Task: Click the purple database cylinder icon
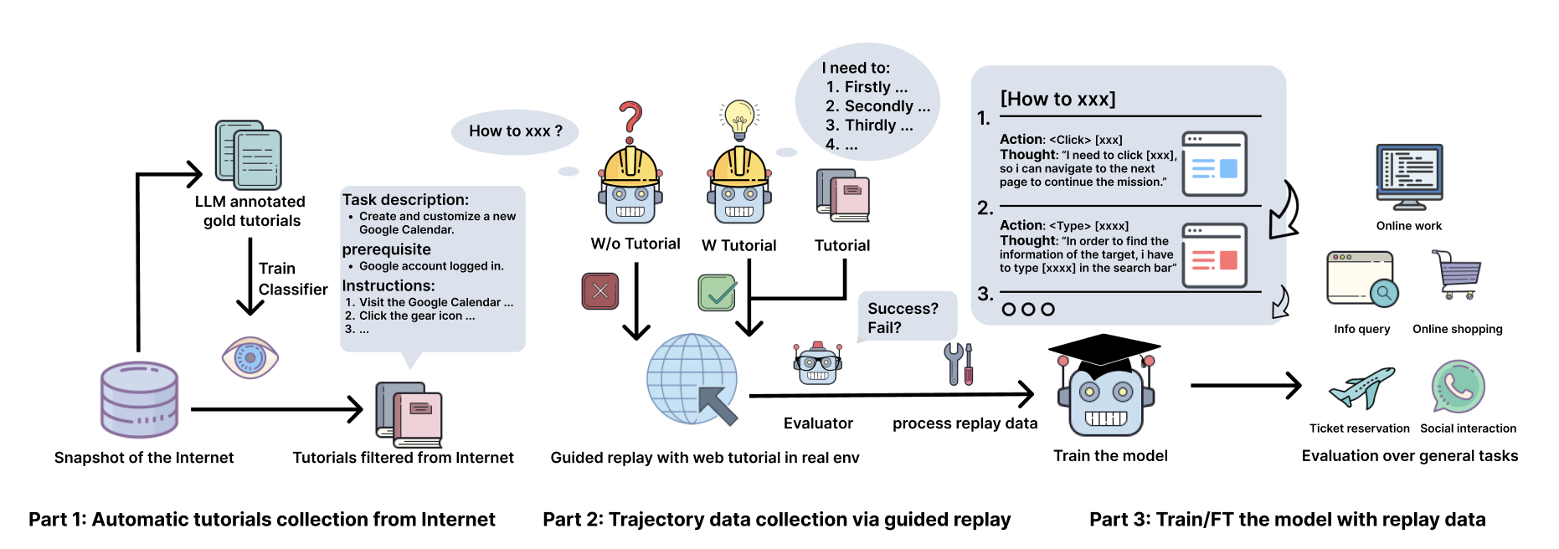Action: tap(139, 399)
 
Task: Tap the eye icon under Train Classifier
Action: tap(250, 357)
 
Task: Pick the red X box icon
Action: tap(600, 291)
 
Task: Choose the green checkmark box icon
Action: tap(717, 292)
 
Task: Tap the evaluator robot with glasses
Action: tap(817, 364)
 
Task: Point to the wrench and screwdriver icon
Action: tap(960, 363)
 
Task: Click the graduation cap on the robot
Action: tap(1104, 351)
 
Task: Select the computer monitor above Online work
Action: tap(1409, 175)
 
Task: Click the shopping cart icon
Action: tap(1457, 274)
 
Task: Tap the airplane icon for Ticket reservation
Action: tap(1362, 387)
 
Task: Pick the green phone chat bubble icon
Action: tap(1458, 386)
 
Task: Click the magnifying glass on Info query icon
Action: tap(1384, 293)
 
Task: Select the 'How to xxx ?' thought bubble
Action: tap(514, 131)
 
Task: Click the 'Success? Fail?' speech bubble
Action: tap(903, 317)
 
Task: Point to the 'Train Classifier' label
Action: tap(292, 279)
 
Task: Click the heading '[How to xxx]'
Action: tap(1057, 99)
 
